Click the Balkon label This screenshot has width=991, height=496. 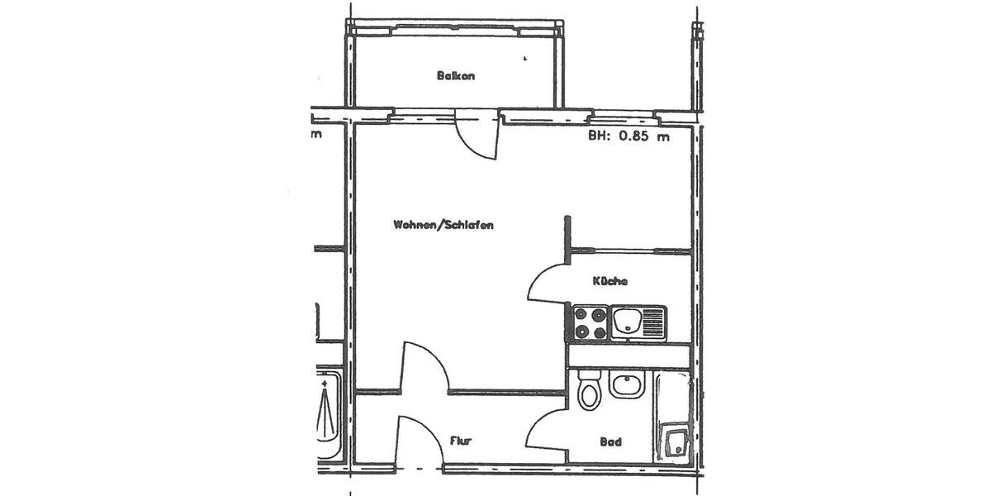(456, 76)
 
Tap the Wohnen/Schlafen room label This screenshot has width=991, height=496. (443, 226)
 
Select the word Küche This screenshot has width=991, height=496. (609, 281)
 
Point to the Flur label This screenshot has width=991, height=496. (461, 441)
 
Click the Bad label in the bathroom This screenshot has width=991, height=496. (611, 442)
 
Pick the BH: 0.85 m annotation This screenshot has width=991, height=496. (628, 137)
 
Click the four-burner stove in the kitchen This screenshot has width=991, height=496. (588, 323)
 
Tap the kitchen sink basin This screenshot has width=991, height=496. (625, 321)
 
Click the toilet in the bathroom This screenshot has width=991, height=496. (589, 392)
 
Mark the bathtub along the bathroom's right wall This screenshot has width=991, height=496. (673, 417)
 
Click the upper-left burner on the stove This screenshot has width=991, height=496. (581, 314)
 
